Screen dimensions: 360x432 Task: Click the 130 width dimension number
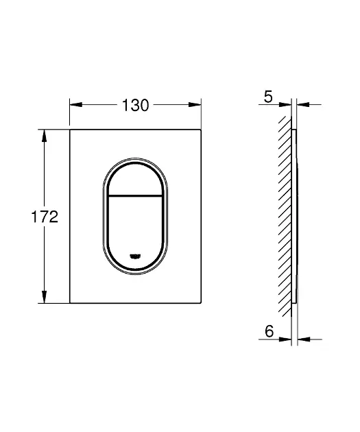[135, 105]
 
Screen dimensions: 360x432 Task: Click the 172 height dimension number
[45, 217]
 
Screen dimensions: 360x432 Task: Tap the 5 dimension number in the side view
[268, 97]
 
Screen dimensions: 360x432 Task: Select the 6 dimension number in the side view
[269, 331]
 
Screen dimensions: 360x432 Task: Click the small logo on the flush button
[135, 256]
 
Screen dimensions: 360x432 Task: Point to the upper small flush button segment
[135, 180]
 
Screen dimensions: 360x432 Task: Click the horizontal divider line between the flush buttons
[135, 196]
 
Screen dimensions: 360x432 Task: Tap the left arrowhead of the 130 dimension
[76, 105]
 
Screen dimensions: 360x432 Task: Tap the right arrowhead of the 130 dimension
[195, 105]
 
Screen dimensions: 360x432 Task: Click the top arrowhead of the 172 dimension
[44, 136]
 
